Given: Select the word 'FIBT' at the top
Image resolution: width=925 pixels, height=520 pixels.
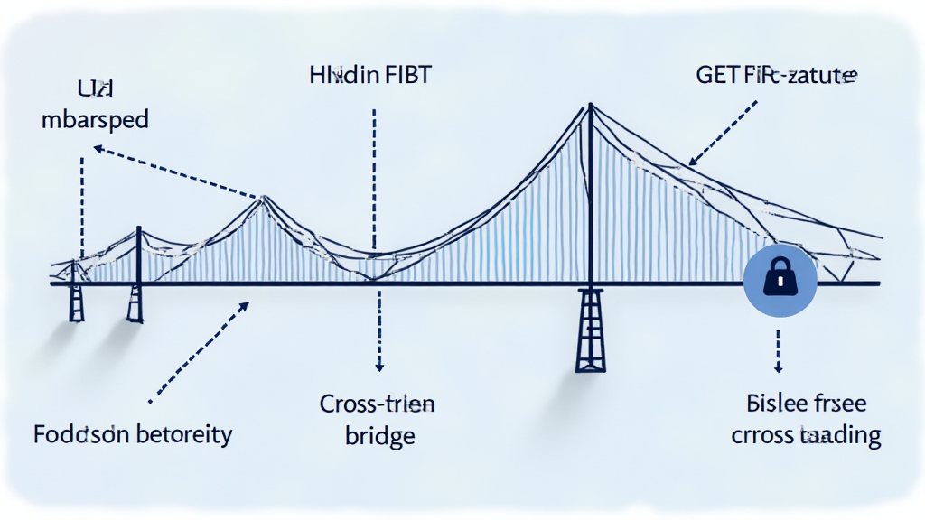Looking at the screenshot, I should tap(408, 76).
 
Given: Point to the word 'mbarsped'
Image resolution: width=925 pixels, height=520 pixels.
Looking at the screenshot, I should tap(95, 121).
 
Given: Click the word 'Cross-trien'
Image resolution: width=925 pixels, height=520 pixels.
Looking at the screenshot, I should tap(378, 404).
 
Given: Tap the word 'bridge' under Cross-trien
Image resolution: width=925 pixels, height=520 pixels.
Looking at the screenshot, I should tap(380, 436).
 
